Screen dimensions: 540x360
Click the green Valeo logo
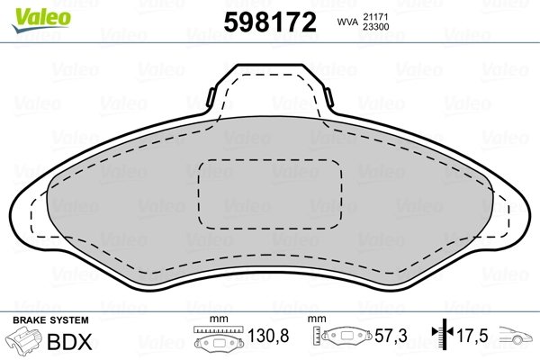41,19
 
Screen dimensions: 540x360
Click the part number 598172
270,22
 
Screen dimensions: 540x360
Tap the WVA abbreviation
347,22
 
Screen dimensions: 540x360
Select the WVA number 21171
375,17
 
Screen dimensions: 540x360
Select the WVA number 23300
376,27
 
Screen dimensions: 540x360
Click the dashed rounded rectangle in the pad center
270,194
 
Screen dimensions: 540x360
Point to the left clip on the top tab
211,97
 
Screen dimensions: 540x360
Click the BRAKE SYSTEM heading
50,320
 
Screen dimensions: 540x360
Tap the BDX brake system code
69,342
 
